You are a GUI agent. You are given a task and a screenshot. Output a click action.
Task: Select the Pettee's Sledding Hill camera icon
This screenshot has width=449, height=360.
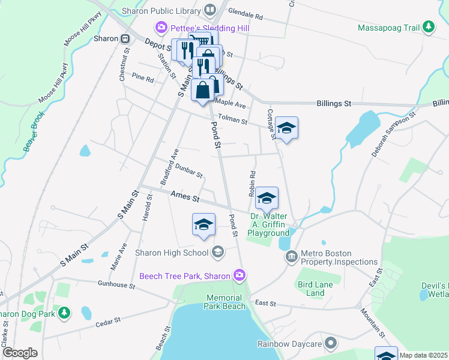tap(160, 28)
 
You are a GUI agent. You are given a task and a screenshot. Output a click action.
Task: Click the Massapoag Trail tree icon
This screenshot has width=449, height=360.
tap(428, 27)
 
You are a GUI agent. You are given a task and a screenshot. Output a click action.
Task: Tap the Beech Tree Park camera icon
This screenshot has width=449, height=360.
tap(240, 275)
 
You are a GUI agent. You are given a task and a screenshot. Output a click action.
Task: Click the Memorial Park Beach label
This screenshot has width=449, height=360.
tap(226, 302)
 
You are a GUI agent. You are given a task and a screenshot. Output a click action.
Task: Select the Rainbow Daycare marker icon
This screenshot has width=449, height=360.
tap(330, 344)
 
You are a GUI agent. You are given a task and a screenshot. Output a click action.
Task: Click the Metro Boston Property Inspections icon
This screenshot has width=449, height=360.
tap(292, 257)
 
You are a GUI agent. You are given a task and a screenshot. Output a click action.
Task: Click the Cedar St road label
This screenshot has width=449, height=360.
tap(109, 323)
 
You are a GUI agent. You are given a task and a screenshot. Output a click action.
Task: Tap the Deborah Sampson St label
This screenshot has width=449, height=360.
tap(393, 134)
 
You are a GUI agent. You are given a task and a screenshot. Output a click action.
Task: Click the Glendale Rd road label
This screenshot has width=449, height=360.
tap(246, 15)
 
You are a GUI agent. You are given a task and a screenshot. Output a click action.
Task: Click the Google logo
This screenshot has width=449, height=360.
tap(19, 353)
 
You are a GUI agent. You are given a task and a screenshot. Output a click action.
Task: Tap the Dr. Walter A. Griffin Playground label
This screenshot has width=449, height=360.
tap(269, 224)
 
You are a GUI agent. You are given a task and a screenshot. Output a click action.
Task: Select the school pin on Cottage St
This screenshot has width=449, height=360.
tap(287, 128)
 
